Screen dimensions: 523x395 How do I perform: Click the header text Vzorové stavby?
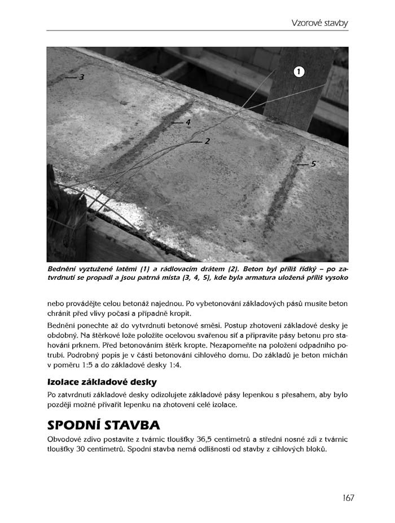point(320,23)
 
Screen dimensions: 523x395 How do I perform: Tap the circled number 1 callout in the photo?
point(299,71)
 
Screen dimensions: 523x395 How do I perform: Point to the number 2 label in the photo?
point(207,141)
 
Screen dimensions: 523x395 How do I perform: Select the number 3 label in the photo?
point(81,77)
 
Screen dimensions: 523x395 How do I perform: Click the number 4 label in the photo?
point(188,122)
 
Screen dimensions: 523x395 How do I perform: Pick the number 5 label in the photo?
point(313,164)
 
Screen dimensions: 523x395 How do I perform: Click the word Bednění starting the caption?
point(62,269)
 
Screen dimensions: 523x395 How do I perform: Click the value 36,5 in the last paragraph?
point(204,439)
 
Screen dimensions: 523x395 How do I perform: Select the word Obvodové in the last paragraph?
point(65,439)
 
